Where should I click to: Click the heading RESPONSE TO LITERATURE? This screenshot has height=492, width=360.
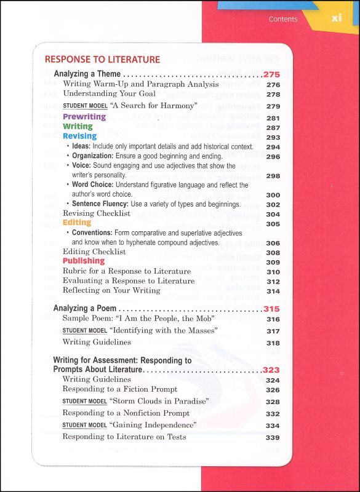(102, 60)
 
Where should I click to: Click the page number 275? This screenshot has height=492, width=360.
(271, 74)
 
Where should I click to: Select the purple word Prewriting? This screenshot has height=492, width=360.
(84, 117)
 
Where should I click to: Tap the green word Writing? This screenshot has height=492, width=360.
(78, 127)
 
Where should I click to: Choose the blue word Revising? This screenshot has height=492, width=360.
(79, 136)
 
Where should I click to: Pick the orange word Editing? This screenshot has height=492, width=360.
(77, 223)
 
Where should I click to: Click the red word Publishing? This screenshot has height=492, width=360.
(84, 261)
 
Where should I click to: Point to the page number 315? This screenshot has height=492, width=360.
(271, 308)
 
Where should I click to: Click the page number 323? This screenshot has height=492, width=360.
(271, 370)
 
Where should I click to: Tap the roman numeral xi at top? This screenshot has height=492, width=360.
(336, 18)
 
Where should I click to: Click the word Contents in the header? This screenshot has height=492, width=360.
(283, 19)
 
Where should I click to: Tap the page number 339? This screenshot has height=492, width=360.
(273, 437)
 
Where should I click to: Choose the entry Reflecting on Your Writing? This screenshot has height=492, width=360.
(111, 291)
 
